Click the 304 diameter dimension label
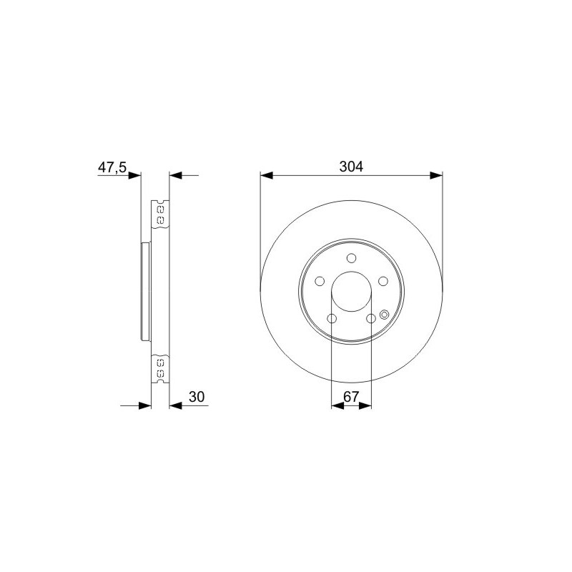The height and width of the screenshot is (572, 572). pyautogui.click(x=351, y=167)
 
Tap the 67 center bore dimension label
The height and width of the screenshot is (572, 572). pyautogui.click(x=351, y=397)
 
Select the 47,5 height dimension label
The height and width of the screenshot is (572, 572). pyautogui.click(x=112, y=167)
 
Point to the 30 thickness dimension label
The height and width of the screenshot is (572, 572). pyautogui.click(x=197, y=397)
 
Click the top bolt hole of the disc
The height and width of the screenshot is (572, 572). pyautogui.click(x=351, y=258)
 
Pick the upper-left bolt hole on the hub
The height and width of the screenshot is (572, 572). pyautogui.click(x=320, y=281)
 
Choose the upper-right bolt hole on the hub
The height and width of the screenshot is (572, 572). pyautogui.click(x=383, y=281)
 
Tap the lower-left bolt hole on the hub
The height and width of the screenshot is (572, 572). pyautogui.click(x=332, y=318)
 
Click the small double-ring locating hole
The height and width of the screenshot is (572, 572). pyautogui.click(x=384, y=315)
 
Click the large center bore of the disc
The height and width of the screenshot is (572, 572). pyautogui.click(x=351, y=292)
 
